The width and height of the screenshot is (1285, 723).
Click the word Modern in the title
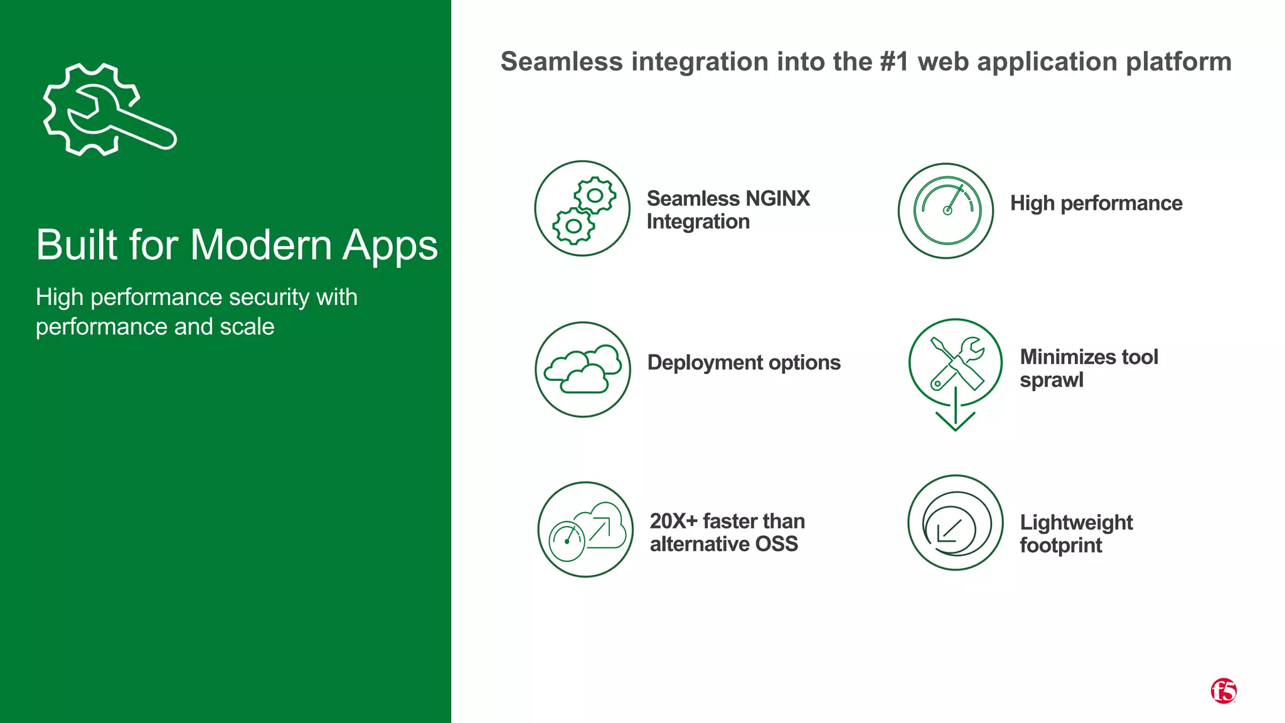(260, 245)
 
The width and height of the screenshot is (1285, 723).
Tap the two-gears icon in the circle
(582, 209)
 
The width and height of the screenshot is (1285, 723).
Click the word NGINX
(777, 199)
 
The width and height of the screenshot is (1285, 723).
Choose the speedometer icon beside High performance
(946, 211)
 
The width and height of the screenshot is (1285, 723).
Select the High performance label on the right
(1096, 203)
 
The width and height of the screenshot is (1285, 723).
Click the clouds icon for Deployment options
(583, 370)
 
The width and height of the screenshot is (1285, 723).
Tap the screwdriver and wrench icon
(956, 363)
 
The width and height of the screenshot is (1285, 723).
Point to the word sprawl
(1052, 380)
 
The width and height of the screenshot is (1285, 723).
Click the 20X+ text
(673, 521)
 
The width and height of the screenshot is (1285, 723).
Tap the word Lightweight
(1076, 523)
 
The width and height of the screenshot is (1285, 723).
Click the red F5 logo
(1223, 691)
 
